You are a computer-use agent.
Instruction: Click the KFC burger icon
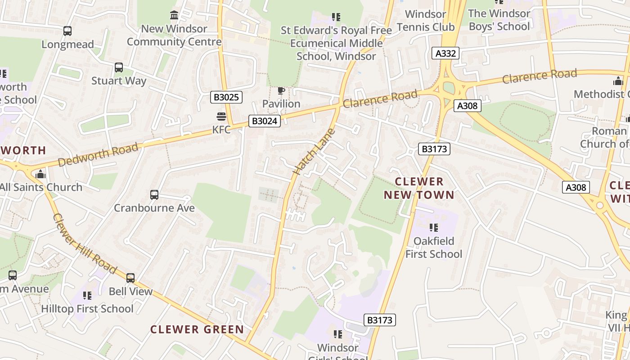click(221, 117)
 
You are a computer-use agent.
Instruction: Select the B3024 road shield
click(265, 121)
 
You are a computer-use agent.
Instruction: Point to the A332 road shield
click(446, 54)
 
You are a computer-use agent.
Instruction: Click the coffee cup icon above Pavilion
click(281, 91)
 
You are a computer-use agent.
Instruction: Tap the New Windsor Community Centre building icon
click(174, 15)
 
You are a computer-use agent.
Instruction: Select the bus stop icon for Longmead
click(67, 31)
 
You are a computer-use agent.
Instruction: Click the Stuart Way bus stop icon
click(119, 67)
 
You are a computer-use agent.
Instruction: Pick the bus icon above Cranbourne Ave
click(154, 195)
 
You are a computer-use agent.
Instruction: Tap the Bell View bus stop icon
click(130, 278)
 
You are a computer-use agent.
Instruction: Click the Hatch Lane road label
click(314, 152)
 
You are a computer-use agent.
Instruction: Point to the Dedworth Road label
click(98, 155)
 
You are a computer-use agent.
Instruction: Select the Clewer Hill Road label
click(85, 244)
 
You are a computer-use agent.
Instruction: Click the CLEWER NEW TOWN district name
click(419, 188)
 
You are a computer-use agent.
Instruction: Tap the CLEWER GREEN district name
click(197, 329)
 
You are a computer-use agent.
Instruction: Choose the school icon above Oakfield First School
click(434, 228)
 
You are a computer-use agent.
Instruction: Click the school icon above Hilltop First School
click(87, 296)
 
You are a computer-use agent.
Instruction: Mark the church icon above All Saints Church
click(40, 174)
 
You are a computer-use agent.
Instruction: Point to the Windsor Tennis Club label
click(426, 21)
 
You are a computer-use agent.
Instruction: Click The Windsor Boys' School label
click(499, 20)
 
